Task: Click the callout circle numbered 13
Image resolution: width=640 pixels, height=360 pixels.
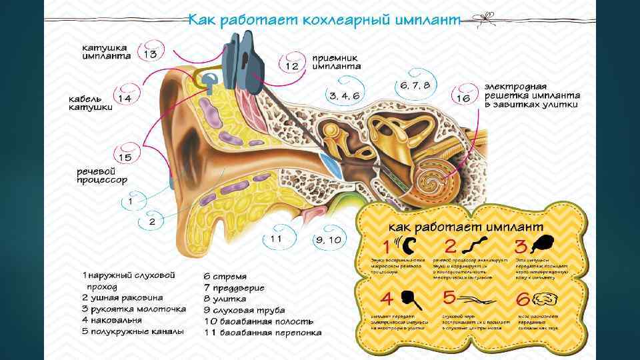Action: (x=150, y=53)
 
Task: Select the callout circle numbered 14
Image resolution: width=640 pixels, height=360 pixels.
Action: (x=125, y=98)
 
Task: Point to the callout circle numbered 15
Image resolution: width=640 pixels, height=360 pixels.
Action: (x=125, y=157)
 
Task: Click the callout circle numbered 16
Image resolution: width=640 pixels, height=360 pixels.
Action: (x=464, y=99)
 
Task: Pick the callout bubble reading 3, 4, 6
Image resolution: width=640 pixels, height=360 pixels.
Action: (x=344, y=96)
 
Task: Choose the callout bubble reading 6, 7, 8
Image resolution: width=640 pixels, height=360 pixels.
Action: (x=415, y=86)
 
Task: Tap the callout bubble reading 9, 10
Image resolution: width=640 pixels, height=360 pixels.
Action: (x=329, y=239)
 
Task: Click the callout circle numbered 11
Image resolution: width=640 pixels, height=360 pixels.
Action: (x=276, y=239)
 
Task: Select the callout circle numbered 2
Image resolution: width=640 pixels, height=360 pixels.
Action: (x=151, y=221)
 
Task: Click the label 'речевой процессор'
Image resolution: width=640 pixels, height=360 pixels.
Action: (x=101, y=176)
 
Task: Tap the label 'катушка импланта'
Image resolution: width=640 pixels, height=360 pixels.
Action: (x=106, y=52)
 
